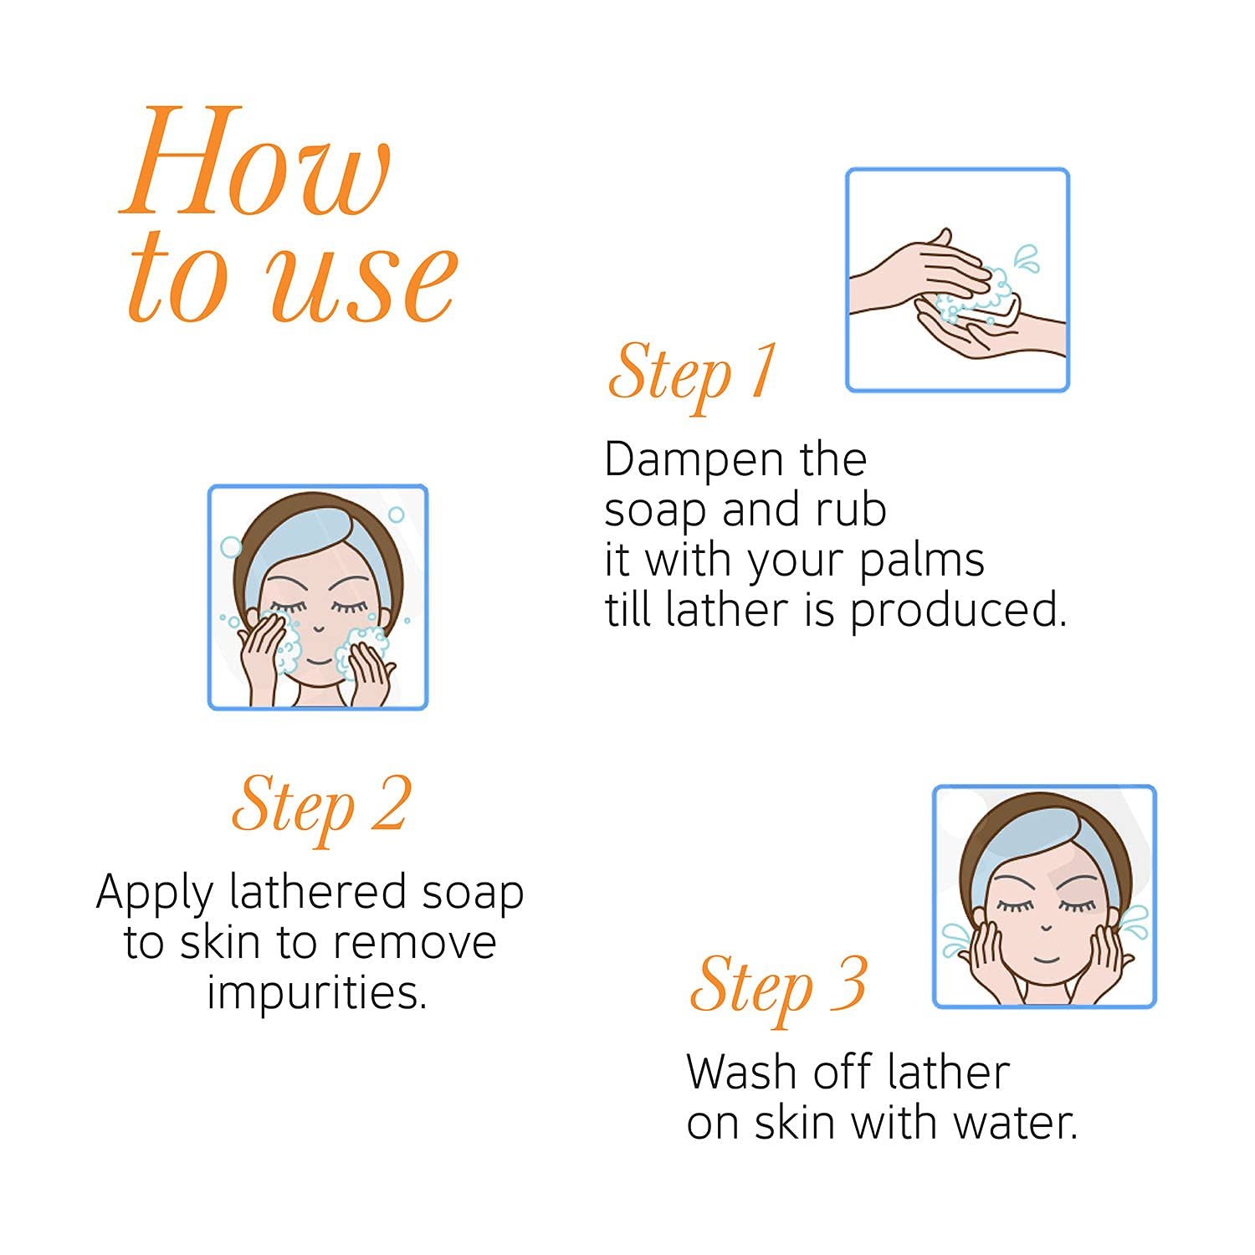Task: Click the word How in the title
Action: pyautogui.click(x=255, y=161)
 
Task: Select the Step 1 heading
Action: pyautogui.click(x=692, y=373)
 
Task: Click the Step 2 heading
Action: pyautogui.click(x=322, y=807)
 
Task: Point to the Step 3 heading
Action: pyautogui.click(x=778, y=987)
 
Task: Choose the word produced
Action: pyautogui.click(x=959, y=611)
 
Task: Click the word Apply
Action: pyautogui.click(x=156, y=894)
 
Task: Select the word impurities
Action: pyautogui.click(x=317, y=993)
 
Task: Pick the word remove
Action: pyautogui.click(x=414, y=943)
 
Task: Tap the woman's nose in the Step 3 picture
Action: pyautogui.click(x=1045, y=927)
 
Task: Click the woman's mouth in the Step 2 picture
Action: pyautogui.click(x=317, y=658)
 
